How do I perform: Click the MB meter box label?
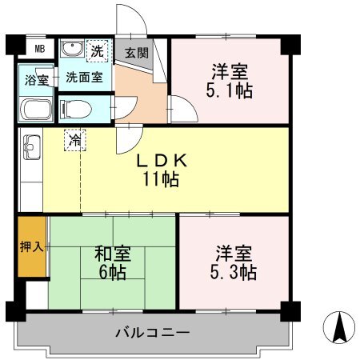[x=40, y=49]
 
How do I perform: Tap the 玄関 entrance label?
[x=137, y=53]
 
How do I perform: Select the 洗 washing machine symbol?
[x=97, y=51]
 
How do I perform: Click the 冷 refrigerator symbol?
[x=75, y=140]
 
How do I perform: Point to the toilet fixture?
[x=76, y=110]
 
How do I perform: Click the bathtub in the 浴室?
[x=36, y=110]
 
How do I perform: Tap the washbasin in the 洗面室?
[x=72, y=48]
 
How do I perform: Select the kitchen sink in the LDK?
[x=32, y=147]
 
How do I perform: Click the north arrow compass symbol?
[x=339, y=327]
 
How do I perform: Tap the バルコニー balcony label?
[x=153, y=332]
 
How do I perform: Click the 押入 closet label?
[x=32, y=247]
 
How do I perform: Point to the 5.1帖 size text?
[x=230, y=91]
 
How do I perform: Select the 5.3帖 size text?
[x=234, y=272]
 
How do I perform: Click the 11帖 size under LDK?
[x=161, y=179]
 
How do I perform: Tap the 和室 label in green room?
[x=113, y=254]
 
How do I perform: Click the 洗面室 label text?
[x=84, y=78]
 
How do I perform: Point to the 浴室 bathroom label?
[x=37, y=80]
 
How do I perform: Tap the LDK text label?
[x=162, y=161]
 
